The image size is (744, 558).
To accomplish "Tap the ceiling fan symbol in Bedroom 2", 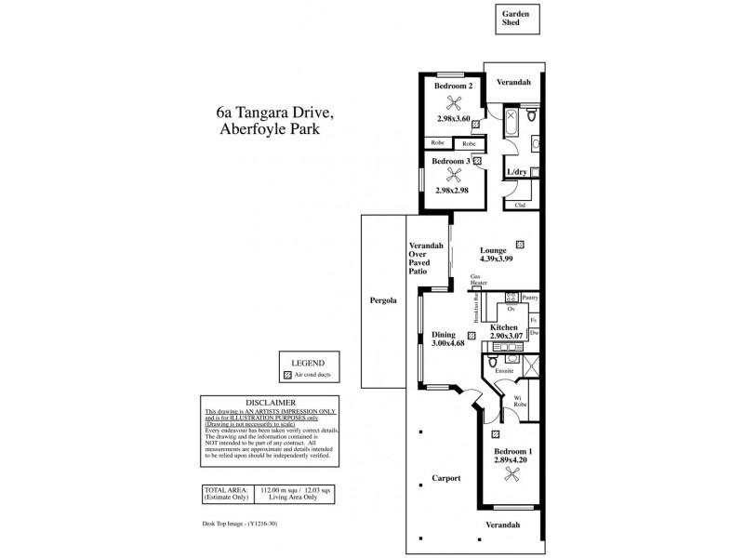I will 453,103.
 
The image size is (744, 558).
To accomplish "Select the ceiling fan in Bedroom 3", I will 453,173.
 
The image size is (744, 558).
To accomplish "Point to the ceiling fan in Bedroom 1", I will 510,474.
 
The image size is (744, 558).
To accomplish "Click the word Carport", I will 446,479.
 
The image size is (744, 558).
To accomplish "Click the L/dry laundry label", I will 516,173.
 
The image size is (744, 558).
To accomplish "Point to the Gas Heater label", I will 477,281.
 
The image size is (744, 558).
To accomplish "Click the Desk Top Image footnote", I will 238,524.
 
